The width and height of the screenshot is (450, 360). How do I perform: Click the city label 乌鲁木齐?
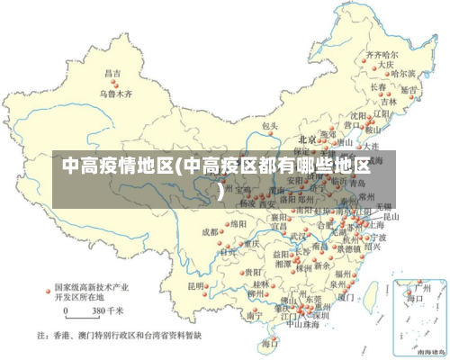[115, 93]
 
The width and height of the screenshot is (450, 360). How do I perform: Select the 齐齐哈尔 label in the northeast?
[381, 55]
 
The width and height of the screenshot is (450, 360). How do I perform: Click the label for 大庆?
[387, 65]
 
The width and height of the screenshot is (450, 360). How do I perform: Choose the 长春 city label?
[379, 87]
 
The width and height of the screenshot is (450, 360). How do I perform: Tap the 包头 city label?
[269, 127]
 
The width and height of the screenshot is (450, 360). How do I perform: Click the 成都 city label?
[210, 231]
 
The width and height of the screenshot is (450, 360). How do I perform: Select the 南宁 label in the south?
[254, 315]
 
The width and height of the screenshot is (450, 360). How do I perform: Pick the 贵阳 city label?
[253, 270]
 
